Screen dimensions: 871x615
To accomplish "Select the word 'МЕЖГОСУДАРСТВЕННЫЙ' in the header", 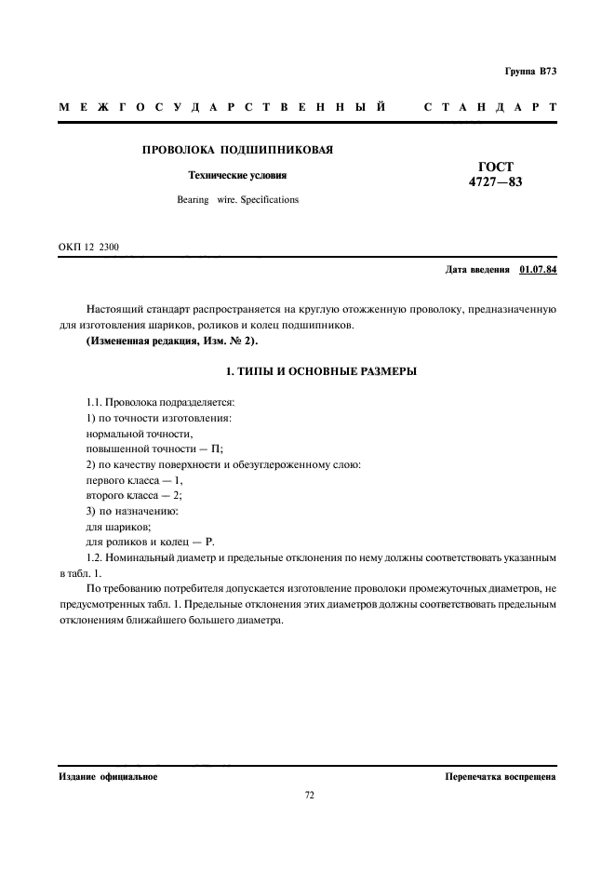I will click(222, 108).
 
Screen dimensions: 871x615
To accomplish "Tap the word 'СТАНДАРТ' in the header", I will click(489, 108).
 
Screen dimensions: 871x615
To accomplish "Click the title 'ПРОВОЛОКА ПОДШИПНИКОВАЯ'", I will click(237, 150).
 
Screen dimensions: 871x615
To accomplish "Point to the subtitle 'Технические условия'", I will click(237, 175).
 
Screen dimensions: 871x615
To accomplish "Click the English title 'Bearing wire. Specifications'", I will click(237, 199).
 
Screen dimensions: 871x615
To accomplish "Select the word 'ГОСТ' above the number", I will click(494, 166).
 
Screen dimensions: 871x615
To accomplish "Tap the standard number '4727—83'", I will click(494, 182).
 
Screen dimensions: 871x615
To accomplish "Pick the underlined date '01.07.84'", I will click(537, 270).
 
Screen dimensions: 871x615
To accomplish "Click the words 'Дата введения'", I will click(477, 270).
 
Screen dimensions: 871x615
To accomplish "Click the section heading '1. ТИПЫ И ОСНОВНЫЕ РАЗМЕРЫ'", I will click(308, 372).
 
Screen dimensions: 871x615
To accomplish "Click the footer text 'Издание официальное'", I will click(108, 776).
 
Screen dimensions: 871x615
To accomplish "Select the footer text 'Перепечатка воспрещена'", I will click(500, 776).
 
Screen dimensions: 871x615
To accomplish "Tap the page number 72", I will click(308, 796).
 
